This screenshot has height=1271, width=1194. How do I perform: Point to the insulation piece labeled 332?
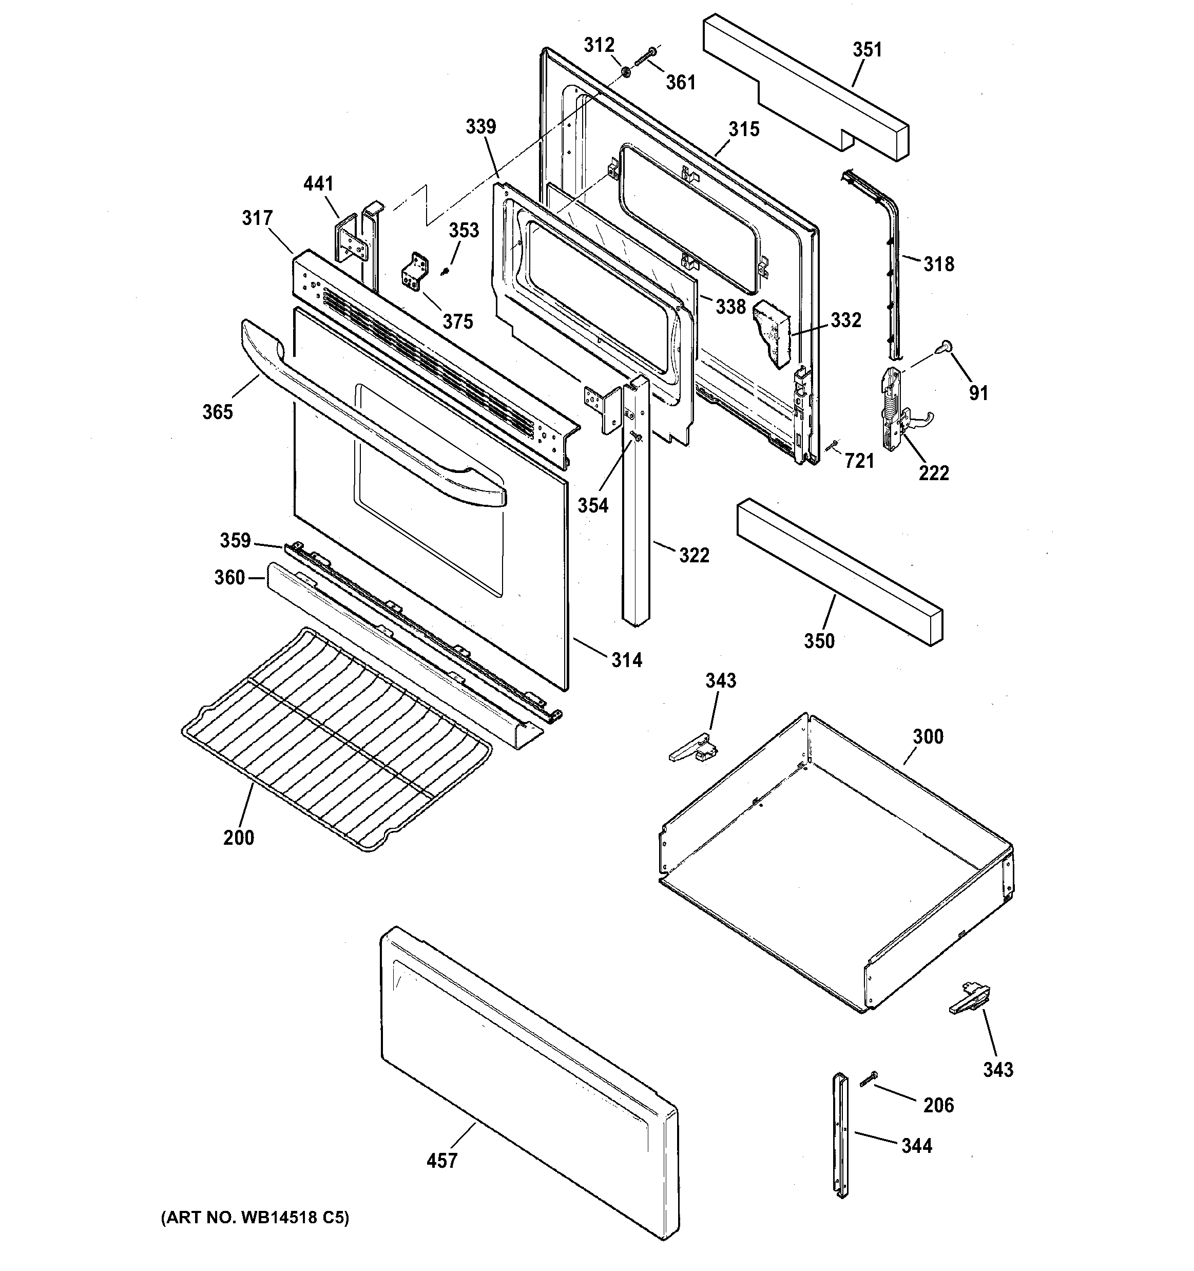pos(772,334)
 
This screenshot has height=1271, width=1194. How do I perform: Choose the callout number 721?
pos(859,460)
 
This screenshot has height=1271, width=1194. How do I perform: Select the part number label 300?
pos(928,736)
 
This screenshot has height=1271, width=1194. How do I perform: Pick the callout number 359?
pos(235,540)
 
